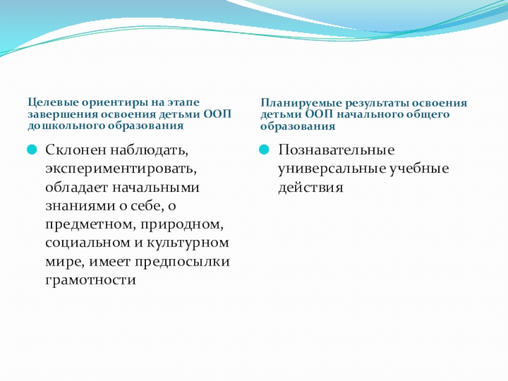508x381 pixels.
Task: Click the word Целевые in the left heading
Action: coord(53,103)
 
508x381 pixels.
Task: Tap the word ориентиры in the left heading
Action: coord(115,103)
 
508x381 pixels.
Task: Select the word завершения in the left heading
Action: coord(62,114)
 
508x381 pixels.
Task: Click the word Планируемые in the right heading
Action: coord(301,104)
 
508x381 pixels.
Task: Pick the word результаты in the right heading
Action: coord(378,104)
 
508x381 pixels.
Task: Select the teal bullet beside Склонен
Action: coord(32,150)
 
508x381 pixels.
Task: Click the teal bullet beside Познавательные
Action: coord(264,150)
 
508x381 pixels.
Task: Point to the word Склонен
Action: coord(76,150)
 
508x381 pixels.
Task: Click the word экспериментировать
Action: coord(121,169)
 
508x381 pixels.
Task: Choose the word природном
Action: coord(182,225)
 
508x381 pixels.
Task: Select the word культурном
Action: coord(187,243)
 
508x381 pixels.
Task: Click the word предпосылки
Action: coord(182,262)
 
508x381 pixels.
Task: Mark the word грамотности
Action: coord(90,280)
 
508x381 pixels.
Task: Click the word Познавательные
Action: coord(337,150)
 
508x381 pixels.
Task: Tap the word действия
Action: coord(311,187)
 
